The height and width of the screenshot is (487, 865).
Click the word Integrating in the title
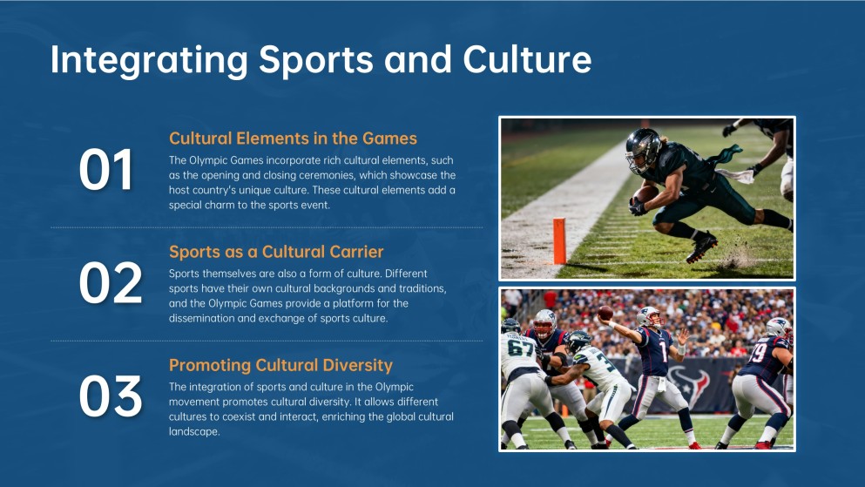click(150, 60)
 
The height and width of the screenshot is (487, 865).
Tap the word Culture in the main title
click(527, 59)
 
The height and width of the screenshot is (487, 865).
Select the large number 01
click(106, 169)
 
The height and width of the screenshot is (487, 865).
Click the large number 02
click(111, 282)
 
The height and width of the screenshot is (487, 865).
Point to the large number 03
click(111, 396)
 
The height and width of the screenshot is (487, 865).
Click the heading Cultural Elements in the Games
click(293, 139)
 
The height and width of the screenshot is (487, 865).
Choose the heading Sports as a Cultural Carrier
click(276, 252)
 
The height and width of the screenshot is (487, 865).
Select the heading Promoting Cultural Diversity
click(280, 365)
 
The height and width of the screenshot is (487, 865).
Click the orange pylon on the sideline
click(559, 241)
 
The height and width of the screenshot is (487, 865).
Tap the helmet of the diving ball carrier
click(643, 149)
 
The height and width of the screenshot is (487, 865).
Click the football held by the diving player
click(645, 194)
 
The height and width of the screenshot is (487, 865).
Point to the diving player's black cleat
click(701, 247)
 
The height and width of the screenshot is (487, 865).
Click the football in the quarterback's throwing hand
click(605, 314)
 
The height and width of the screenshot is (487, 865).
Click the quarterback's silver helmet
click(647, 316)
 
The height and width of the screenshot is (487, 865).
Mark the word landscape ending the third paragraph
click(193, 432)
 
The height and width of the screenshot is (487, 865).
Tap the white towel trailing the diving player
click(734, 176)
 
